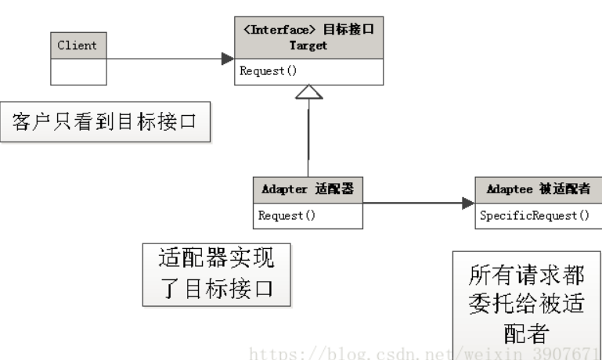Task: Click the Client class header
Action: point(78,45)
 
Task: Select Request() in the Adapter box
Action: point(287,215)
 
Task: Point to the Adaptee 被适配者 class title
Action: point(538,190)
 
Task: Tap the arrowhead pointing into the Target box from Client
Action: point(227,59)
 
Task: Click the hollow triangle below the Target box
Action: point(309,92)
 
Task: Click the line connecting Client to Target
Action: point(164,59)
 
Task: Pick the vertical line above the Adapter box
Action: point(309,141)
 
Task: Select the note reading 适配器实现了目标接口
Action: point(216,273)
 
